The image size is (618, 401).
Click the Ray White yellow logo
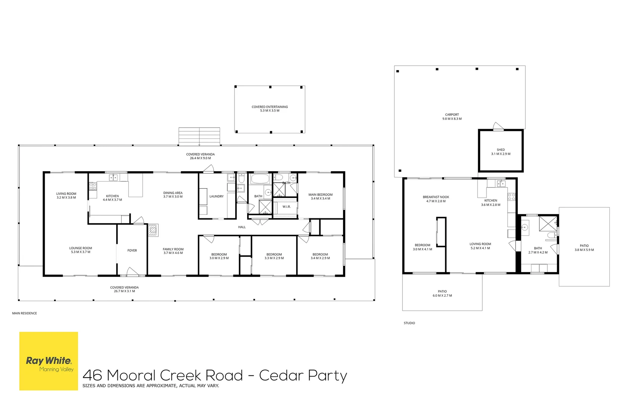[x=49, y=361]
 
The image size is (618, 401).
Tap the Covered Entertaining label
[x=269, y=108]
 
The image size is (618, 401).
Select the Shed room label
[x=501, y=152]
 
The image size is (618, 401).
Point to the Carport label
[x=452, y=117]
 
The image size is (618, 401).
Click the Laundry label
[x=216, y=196]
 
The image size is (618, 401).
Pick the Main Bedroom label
[x=320, y=196]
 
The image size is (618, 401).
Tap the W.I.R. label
[x=287, y=207]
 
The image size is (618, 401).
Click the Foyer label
[x=132, y=251]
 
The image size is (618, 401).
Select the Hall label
[x=242, y=227]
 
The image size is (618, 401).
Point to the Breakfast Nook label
[x=436, y=199]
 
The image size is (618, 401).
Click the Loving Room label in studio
[x=481, y=246]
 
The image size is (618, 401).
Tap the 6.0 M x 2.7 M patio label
[x=442, y=293]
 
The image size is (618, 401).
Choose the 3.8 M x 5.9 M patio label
[x=584, y=248]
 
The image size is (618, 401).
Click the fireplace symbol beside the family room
[x=153, y=230]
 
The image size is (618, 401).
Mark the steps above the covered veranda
[x=199, y=136]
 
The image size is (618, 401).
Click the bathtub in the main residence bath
[x=260, y=179]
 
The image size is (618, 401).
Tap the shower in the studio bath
[x=548, y=224]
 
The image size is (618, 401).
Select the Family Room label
[x=173, y=251]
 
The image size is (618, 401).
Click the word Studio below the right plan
[x=409, y=323]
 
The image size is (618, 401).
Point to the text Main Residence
[x=24, y=313]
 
